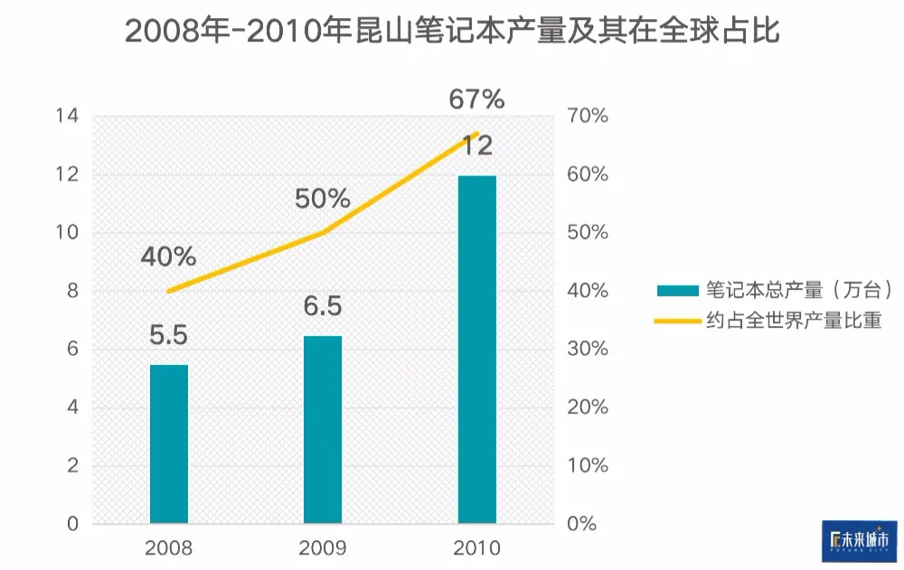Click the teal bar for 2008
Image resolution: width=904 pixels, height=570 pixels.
pos(169,444)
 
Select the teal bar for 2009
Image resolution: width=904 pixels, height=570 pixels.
pos(323,429)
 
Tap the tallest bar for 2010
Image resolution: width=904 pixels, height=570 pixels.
pos(477,350)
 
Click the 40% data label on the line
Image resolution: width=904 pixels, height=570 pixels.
pos(168,257)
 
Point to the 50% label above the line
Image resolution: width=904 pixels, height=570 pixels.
pos(323,199)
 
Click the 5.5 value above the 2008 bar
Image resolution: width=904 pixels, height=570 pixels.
pos(168,336)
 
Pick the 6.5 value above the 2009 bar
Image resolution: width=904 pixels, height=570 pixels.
pos(323,307)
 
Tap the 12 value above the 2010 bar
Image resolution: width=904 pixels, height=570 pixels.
pos(477,145)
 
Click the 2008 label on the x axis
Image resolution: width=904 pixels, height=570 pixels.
pos(169,548)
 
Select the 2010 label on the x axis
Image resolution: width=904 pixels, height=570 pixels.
pos(477,548)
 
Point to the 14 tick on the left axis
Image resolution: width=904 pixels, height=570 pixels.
pos(67,117)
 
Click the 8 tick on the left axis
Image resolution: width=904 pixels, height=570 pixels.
pos(72,291)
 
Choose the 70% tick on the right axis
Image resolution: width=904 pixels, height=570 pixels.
pos(588,117)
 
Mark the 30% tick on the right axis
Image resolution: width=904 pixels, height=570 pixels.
pos(588,350)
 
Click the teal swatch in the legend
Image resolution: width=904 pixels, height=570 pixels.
pos(678,291)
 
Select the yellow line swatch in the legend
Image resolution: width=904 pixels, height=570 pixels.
pos(678,320)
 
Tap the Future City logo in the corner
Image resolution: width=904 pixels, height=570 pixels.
pos(859,540)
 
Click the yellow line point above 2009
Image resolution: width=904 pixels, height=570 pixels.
pos(323,233)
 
